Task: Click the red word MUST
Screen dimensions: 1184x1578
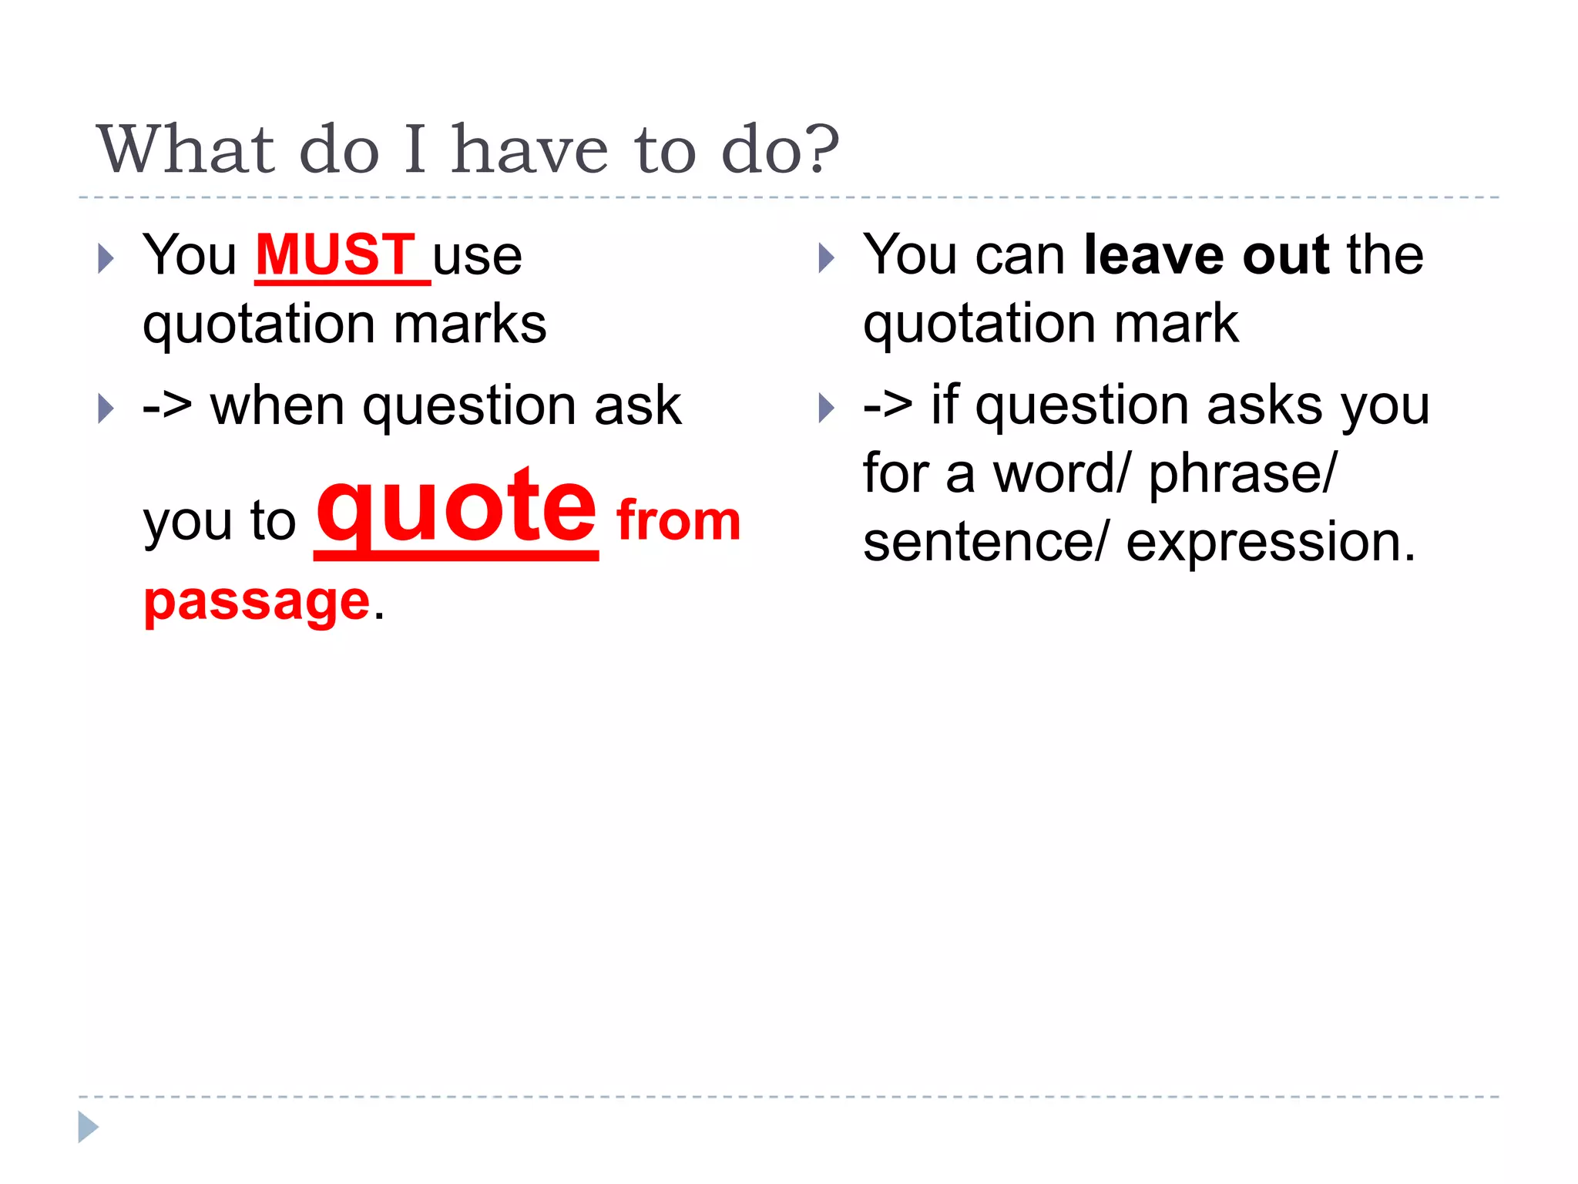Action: (336, 254)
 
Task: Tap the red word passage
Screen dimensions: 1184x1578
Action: (257, 602)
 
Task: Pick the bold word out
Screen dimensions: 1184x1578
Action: (1285, 254)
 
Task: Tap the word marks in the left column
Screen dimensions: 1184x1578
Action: (470, 324)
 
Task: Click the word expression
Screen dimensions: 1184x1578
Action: (1271, 542)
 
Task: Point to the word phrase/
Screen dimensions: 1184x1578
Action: (1242, 474)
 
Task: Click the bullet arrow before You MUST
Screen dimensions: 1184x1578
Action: (106, 258)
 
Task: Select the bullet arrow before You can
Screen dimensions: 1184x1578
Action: (826, 258)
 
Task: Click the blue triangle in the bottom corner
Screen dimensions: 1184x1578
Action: (88, 1127)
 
